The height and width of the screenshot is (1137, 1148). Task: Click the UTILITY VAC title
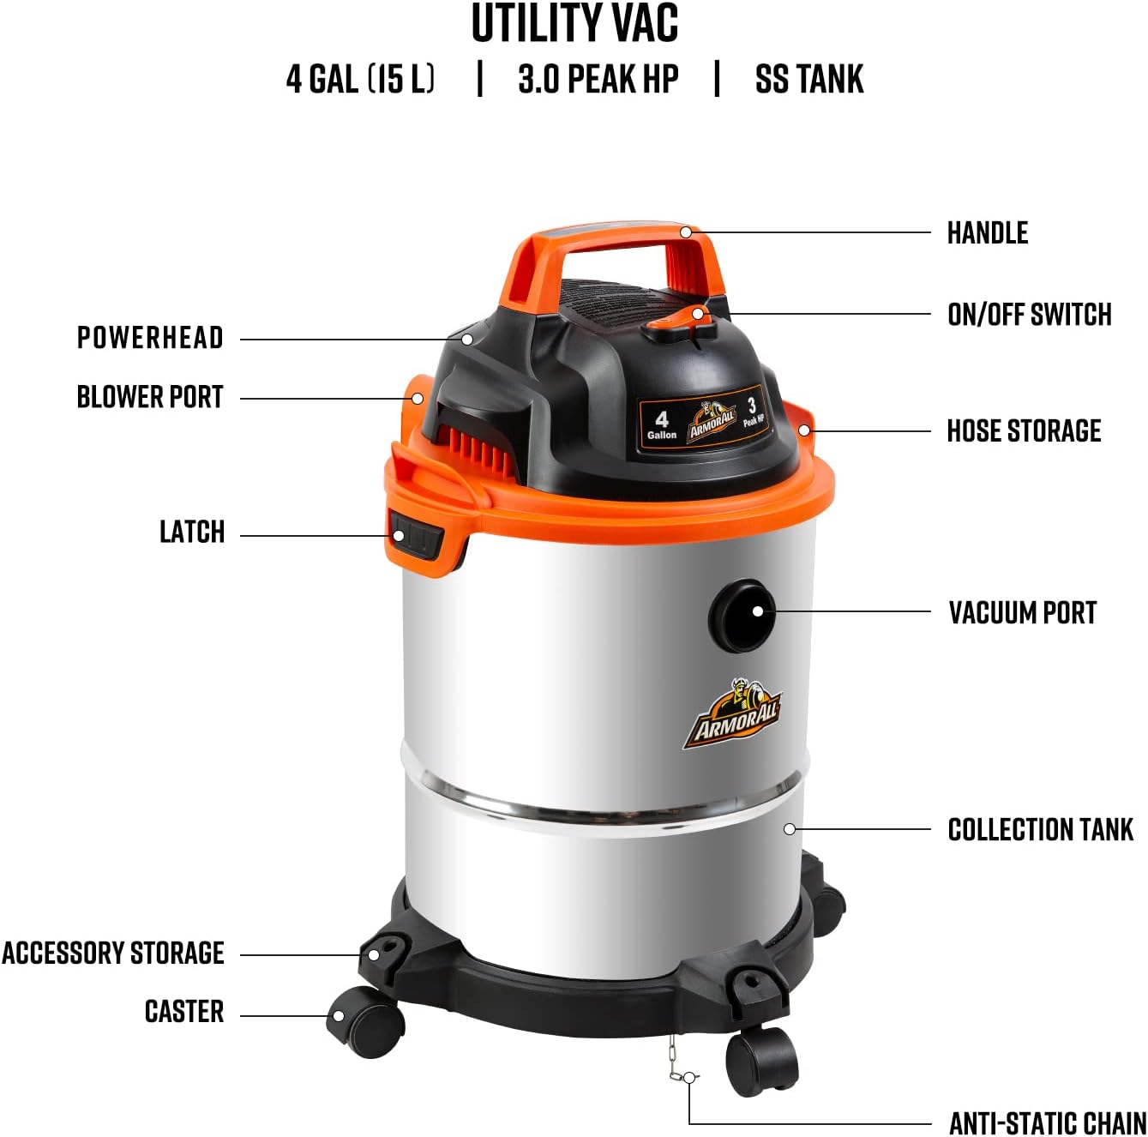tap(574, 24)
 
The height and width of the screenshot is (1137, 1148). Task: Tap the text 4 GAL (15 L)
tap(360, 79)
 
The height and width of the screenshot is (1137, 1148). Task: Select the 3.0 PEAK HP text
tap(598, 79)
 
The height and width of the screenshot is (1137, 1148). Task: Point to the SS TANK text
tap(808, 79)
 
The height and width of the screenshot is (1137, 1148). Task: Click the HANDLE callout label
tap(987, 233)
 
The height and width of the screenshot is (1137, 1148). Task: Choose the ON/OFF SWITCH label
tap(1029, 315)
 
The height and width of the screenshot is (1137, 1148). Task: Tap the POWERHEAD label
tap(150, 338)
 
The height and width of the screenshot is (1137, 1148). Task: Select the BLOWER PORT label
tap(150, 398)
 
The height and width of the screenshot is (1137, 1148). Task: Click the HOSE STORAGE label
tap(1024, 430)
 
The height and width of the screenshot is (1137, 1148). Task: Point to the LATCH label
tap(192, 532)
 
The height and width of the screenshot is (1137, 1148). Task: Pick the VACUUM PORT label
tap(1022, 613)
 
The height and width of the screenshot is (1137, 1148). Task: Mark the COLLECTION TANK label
tap(1040, 830)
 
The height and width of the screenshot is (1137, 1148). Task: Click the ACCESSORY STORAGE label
tap(113, 954)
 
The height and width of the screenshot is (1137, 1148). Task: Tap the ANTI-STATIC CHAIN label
tap(1047, 1122)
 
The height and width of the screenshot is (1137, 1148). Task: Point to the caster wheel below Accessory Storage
tap(364, 1016)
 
